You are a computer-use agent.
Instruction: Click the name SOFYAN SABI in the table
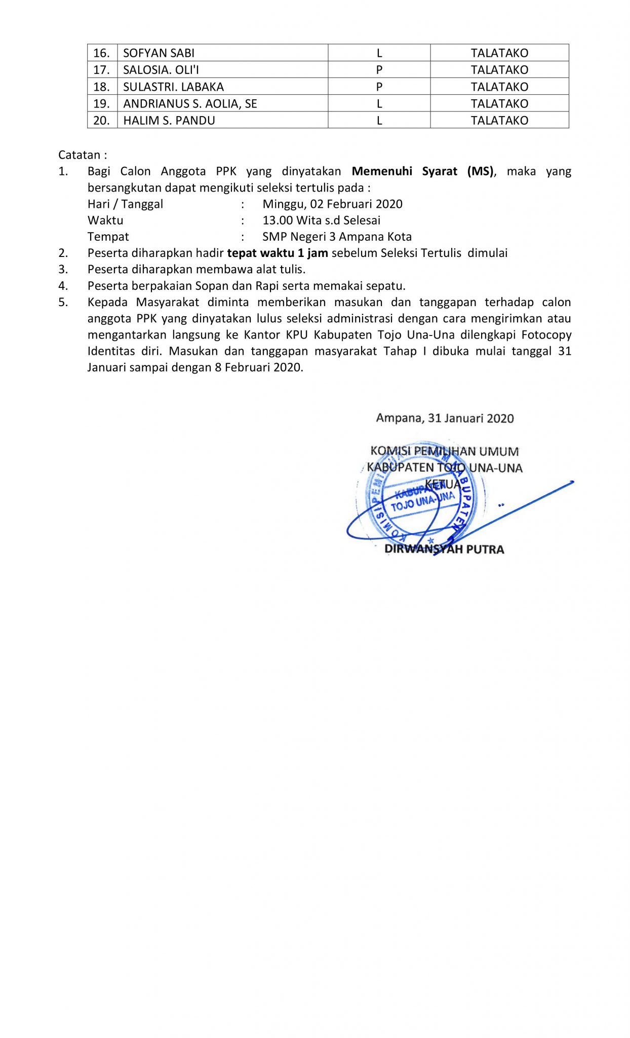point(159,53)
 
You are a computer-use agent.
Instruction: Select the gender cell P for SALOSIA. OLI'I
point(379,70)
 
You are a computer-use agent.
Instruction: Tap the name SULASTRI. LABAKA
point(173,87)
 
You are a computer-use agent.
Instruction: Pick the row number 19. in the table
point(101,104)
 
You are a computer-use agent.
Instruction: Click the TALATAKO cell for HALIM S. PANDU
point(499,121)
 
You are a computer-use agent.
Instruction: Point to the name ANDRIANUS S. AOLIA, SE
point(190,104)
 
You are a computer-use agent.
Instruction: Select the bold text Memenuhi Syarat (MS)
point(422,171)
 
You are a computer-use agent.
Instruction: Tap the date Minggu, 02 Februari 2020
point(332,204)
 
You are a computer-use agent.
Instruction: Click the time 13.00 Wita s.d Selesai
point(321,220)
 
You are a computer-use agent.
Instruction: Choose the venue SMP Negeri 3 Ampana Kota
point(337,237)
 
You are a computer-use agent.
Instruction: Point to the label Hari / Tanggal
point(125,204)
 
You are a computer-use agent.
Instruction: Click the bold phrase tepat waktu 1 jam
point(278,253)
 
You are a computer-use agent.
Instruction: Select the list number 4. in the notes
point(63,286)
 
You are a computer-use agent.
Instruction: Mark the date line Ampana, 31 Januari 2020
point(445,418)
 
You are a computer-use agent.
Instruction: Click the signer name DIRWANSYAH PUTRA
point(444,549)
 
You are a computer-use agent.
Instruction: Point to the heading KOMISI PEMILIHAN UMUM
point(444,451)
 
